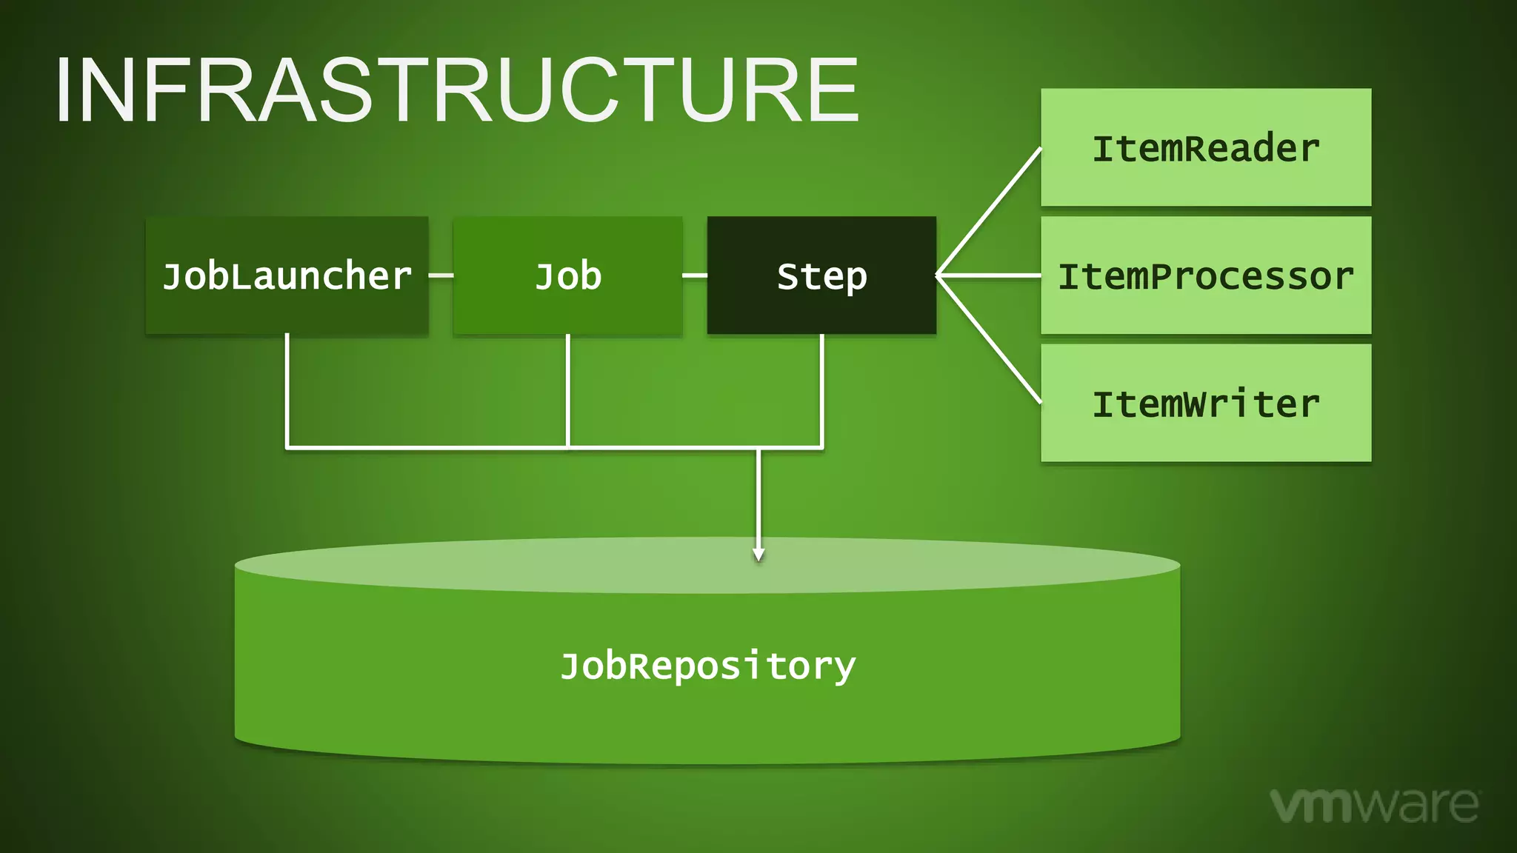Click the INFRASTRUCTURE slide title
point(456,90)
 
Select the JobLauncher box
point(287,275)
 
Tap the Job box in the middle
point(567,275)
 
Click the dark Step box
point(821,275)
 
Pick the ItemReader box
point(1205,147)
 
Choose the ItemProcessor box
point(1205,275)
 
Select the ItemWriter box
point(1205,403)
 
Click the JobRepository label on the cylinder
point(707,666)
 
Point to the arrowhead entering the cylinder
point(758,555)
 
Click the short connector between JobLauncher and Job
point(441,275)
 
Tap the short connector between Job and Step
point(694,275)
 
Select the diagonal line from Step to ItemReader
point(989,212)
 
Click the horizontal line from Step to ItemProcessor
point(989,275)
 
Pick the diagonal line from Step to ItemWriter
point(989,339)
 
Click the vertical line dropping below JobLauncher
point(287,389)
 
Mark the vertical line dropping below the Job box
point(567,389)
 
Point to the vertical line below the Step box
point(822,389)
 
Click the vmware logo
point(1374,805)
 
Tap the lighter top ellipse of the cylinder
point(519,567)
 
